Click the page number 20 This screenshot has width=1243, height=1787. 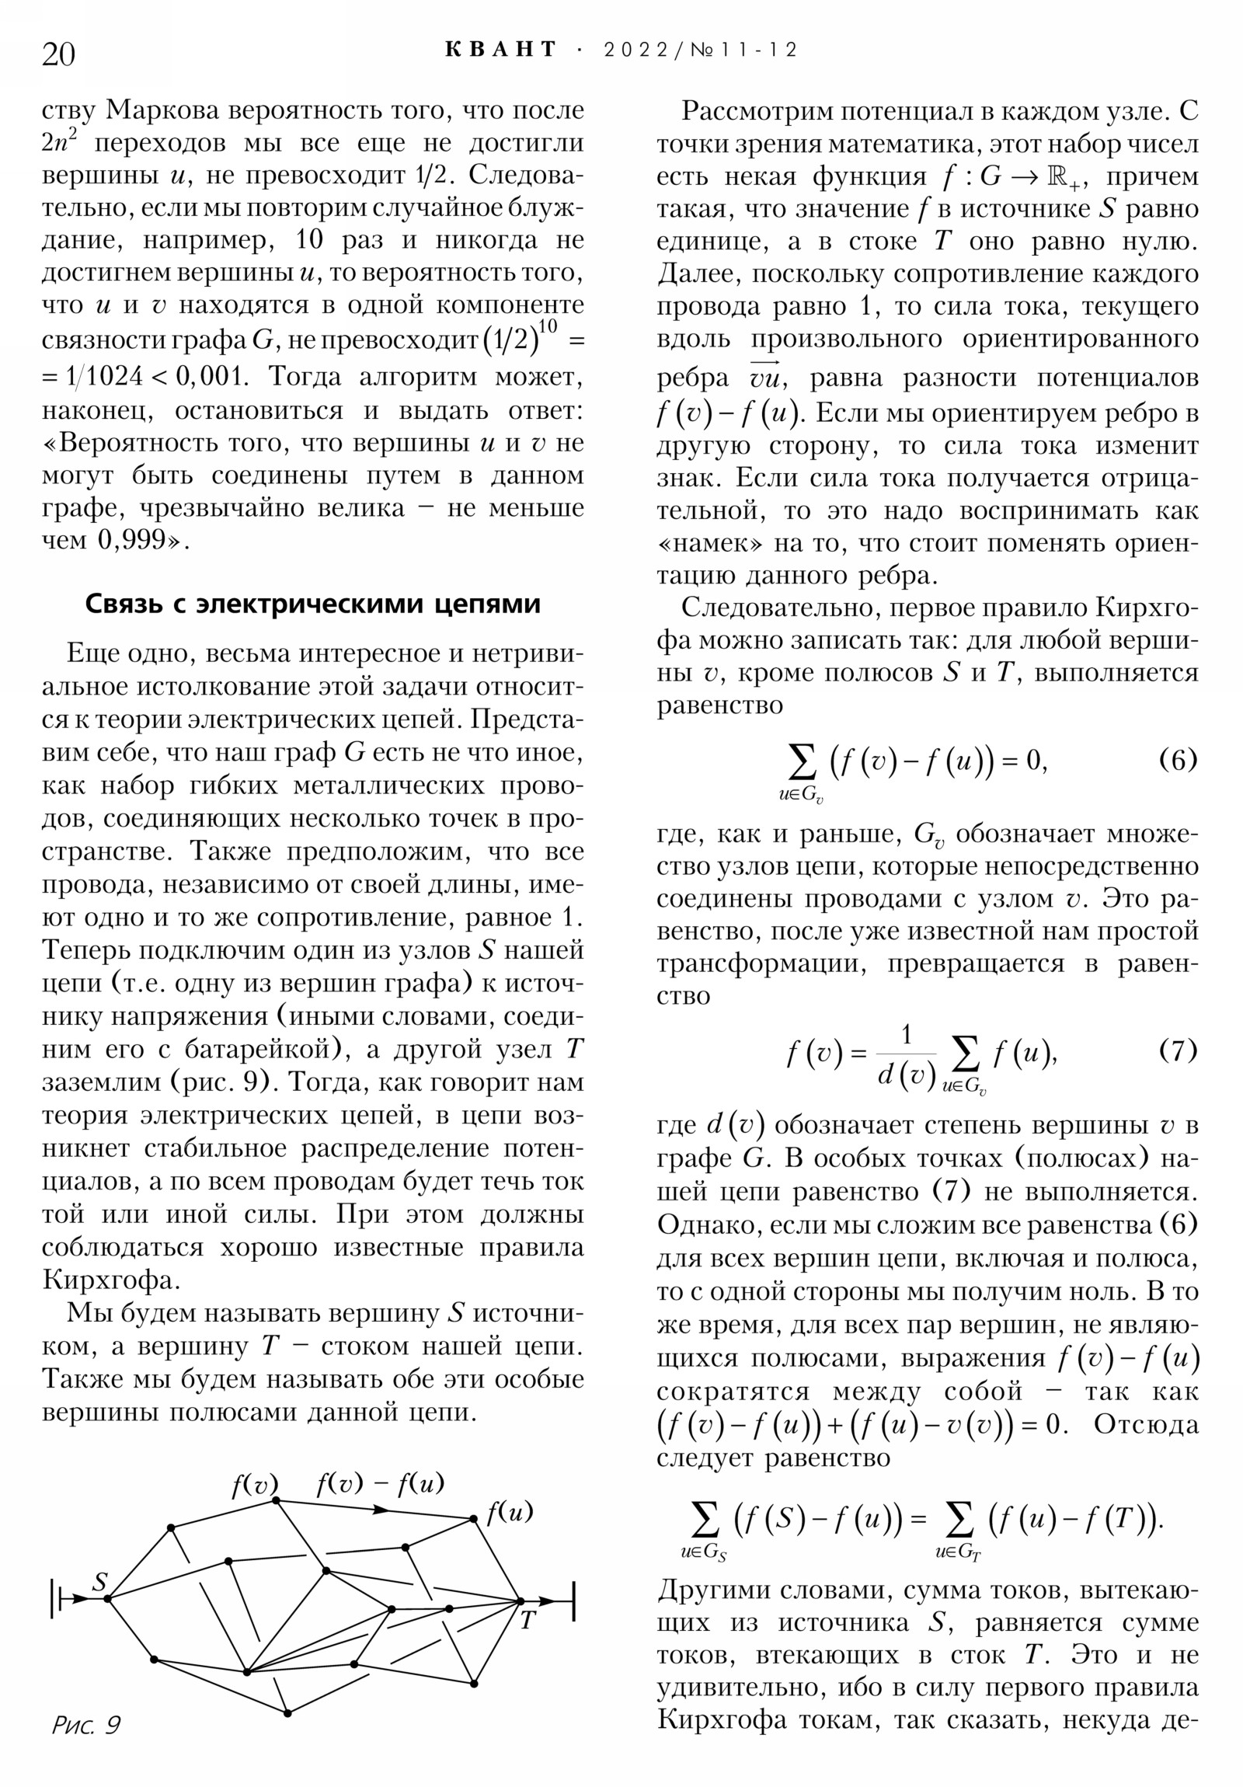click(x=58, y=54)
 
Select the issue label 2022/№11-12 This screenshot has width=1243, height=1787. click(x=700, y=51)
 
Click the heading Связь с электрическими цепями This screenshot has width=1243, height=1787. click(x=312, y=604)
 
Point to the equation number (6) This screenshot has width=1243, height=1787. click(x=1178, y=759)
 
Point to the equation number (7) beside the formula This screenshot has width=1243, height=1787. click(x=1178, y=1050)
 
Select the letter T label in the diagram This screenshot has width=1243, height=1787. click(x=527, y=1621)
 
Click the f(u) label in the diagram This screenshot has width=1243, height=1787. click(x=510, y=1511)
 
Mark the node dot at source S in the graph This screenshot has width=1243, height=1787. click(x=107, y=1600)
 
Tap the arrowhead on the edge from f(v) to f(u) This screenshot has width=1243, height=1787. click(x=381, y=1509)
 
